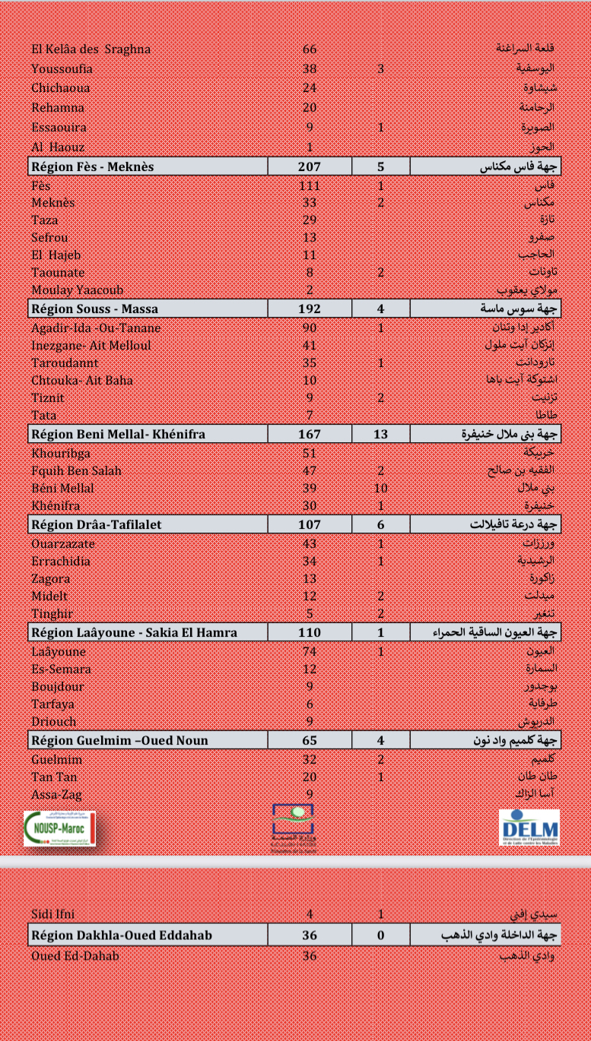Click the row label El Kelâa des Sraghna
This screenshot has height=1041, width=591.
(91, 49)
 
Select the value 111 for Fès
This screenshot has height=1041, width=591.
(310, 185)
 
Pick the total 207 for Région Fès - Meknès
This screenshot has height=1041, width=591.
(310, 167)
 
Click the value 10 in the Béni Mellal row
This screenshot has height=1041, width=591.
(380, 488)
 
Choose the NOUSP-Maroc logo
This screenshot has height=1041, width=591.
(59, 827)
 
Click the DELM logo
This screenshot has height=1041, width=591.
(529, 827)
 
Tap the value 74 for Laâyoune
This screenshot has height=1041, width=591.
(310, 651)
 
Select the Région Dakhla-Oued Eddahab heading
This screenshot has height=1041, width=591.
(122, 935)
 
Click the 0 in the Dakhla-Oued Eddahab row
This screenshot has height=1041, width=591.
(380, 935)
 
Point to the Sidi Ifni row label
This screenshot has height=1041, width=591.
(53, 914)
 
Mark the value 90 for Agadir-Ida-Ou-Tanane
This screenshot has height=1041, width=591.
(310, 328)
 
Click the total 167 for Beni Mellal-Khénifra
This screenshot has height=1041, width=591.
(310, 435)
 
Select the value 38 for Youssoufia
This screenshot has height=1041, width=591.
(310, 69)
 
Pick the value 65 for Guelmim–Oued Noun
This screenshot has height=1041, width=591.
(310, 740)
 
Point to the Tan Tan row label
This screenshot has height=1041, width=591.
(54, 777)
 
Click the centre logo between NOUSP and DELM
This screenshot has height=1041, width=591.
(293, 827)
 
